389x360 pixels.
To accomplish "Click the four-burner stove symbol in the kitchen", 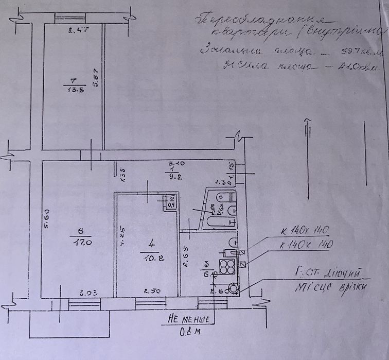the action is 227,267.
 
